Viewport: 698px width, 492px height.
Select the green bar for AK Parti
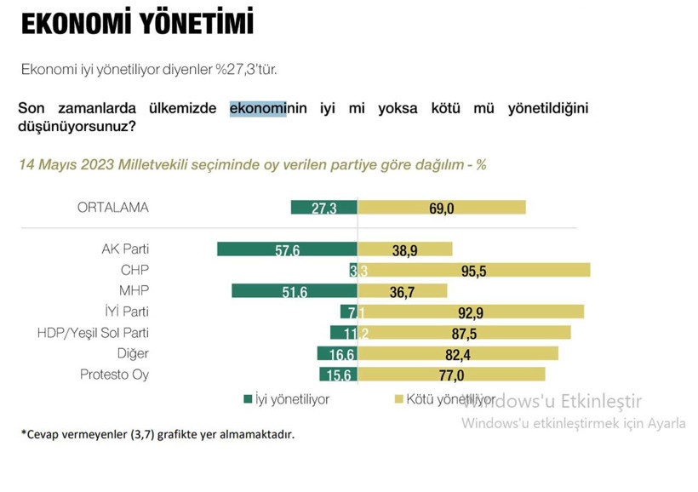click(287, 249)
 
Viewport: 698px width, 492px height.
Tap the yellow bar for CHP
click(474, 270)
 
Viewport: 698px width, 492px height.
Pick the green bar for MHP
click(294, 290)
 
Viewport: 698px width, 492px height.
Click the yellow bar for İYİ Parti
click(471, 312)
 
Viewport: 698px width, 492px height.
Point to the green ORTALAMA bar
click(323, 207)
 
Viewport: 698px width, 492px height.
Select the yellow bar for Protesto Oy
click(451, 374)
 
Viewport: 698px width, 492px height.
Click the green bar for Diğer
click(337, 353)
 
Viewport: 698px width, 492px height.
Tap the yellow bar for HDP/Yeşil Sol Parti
click(465, 332)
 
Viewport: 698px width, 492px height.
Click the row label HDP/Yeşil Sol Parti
click(94, 332)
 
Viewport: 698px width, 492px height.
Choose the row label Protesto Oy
click(114, 374)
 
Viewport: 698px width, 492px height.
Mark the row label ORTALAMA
click(112, 207)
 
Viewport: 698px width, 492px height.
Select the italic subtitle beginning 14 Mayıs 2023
click(252, 164)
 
